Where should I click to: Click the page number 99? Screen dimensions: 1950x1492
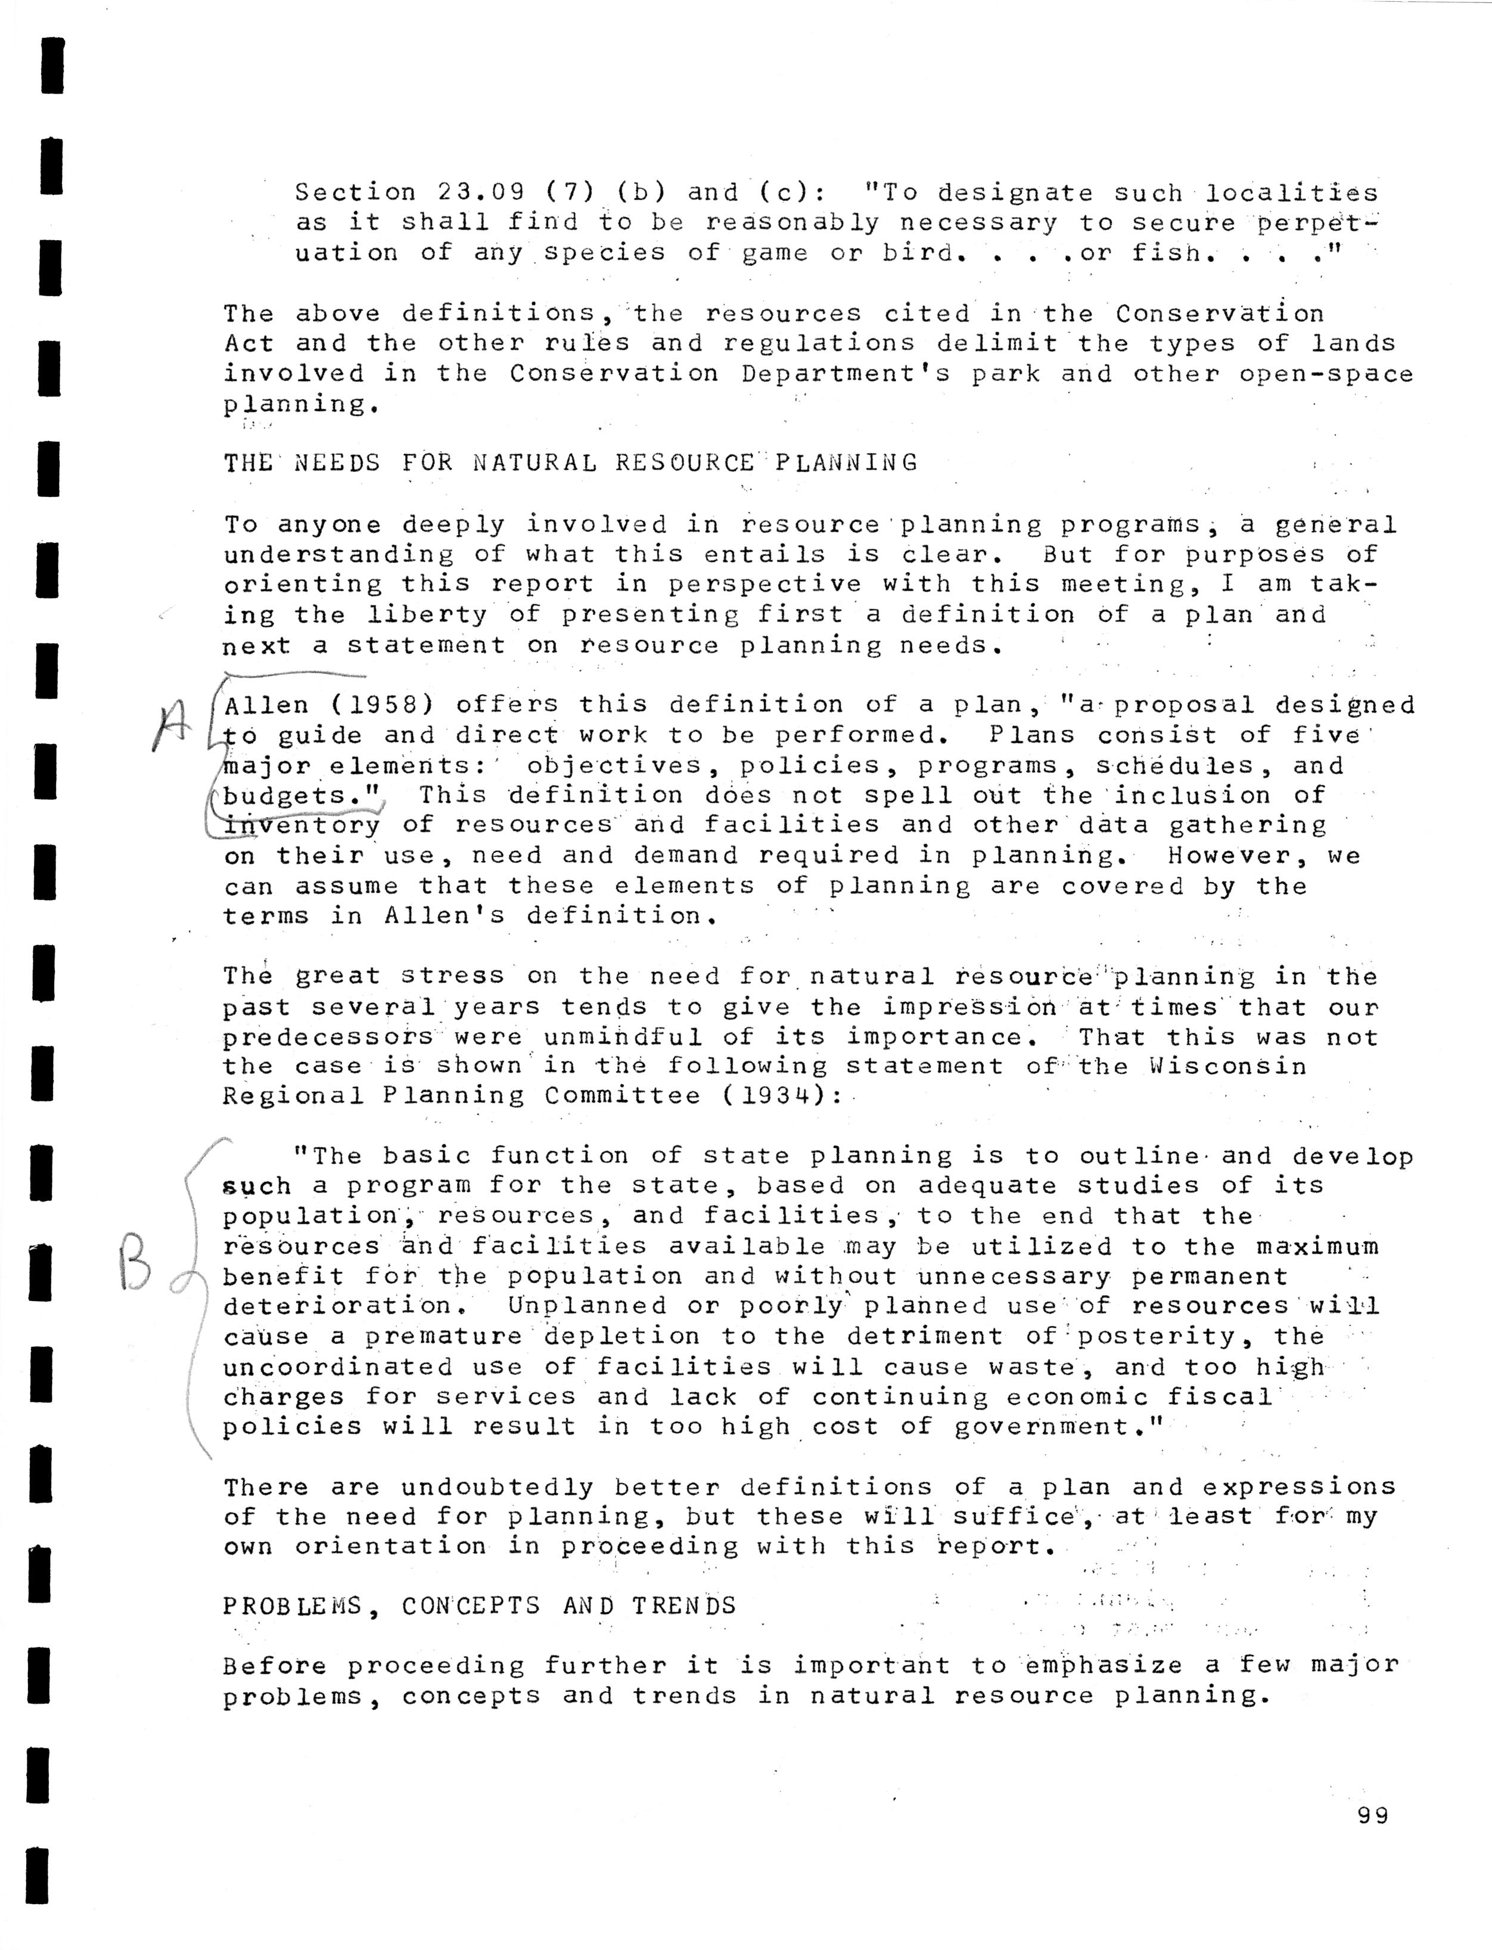[x=1372, y=1816]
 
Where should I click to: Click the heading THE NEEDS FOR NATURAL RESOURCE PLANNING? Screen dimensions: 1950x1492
[x=570, y=463]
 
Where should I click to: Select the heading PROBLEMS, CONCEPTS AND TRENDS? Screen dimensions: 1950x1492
[x=480, y=1606]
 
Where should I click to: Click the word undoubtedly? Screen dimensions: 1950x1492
[x=498, y=1487]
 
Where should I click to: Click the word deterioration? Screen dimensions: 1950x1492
[x=337, y=1306]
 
